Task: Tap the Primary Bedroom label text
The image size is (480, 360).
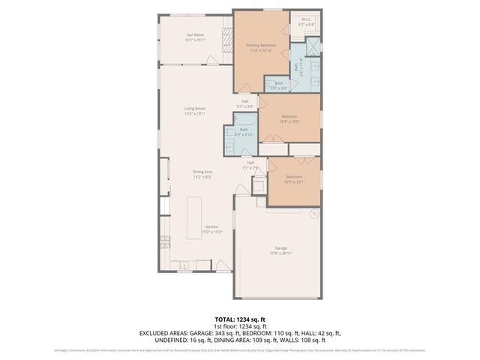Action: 261,48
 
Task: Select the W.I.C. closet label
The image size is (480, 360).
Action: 305,22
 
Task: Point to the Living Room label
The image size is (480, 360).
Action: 195,111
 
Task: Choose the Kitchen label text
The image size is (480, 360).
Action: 211,229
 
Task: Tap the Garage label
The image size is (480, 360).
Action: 280,250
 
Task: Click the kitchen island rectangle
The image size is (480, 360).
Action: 193,214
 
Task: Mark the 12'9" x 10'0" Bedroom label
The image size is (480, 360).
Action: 289,118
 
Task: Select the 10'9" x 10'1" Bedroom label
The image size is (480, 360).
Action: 293,179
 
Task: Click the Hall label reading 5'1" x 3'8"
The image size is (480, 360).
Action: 245,104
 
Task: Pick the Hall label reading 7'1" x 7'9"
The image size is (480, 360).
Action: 250,165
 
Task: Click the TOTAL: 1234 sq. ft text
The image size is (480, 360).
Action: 240,319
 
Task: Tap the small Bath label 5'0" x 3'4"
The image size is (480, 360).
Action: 278,85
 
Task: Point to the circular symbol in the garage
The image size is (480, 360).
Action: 314,213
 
